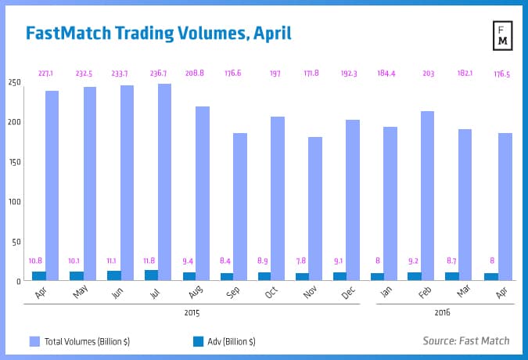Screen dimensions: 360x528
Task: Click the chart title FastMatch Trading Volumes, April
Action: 158,34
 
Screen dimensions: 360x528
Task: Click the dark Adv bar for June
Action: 114,275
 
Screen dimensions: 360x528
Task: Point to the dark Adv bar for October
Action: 264,276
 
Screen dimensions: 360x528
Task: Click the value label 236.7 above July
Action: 159,74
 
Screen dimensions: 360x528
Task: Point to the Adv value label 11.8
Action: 151,260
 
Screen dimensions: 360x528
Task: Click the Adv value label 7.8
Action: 302,260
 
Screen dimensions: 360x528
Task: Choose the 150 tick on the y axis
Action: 16,162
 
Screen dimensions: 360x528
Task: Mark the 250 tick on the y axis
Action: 16,82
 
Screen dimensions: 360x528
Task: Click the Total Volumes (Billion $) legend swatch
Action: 34,340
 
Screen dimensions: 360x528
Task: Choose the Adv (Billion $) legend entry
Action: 222,340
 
